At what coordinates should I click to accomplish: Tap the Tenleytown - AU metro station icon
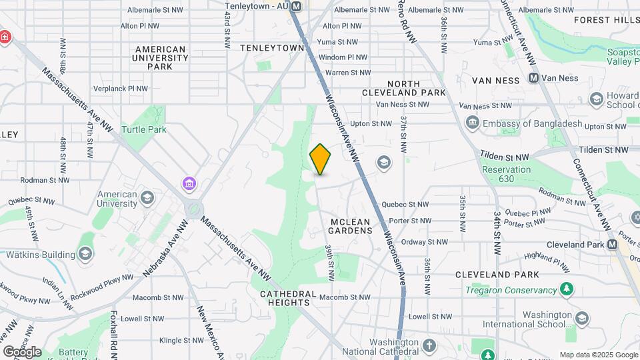tap(297, 6)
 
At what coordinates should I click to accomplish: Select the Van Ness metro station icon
tap(533, 78)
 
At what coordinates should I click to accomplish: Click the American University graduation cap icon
tap(147, 198)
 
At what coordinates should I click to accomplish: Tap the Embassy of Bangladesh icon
tap(473, 123)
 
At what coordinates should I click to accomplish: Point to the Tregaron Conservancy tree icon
tap(566, 290)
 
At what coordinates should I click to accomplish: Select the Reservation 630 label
tap(507, 174)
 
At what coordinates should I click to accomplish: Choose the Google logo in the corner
tap(22, 352)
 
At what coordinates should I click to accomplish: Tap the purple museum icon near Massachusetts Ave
tap(189, 183)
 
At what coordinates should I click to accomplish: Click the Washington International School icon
tap(581, 319)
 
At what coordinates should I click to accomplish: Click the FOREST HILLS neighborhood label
tap(606, 20)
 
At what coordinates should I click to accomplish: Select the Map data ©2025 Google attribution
tap(599, 355)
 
